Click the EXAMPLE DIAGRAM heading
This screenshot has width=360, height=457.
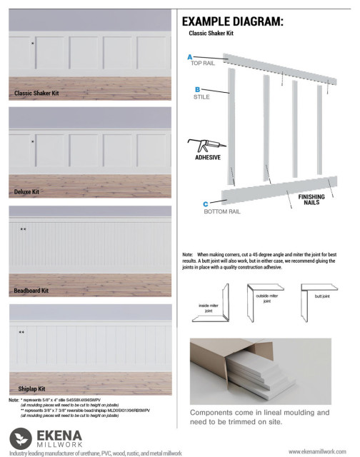(232, 21)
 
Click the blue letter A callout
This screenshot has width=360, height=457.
(189, 56)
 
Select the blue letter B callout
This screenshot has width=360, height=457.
(196, 90)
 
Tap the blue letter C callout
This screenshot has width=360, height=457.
(205, 204)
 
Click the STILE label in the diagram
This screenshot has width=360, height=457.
(201, 97)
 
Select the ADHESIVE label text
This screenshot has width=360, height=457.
(207, 158)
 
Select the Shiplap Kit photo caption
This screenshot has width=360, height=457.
(27, 388)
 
